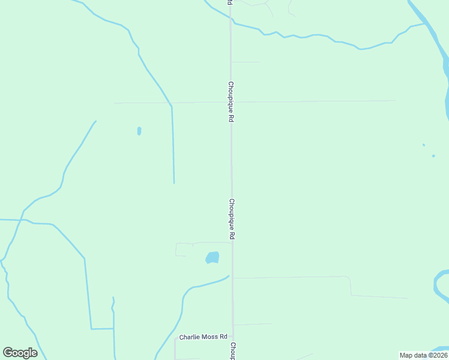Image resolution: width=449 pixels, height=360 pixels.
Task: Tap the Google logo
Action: (20, 353)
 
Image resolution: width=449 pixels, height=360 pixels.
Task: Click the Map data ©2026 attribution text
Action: (423, 355)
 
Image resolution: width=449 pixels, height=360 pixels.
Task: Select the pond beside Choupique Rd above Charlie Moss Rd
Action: (212, 257)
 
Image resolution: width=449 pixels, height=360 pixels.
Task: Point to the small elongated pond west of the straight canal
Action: (139, 130)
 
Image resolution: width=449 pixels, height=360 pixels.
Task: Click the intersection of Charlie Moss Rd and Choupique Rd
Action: (233, 338)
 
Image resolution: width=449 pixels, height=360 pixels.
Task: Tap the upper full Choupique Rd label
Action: (231, 102)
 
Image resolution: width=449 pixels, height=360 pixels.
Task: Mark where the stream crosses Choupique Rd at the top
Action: (231, 22)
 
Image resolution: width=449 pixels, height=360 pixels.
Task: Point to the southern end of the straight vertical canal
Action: (174, 182)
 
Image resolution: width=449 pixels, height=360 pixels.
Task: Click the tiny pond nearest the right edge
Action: (433, 156)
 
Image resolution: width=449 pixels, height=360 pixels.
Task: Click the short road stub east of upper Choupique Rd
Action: (246, 62)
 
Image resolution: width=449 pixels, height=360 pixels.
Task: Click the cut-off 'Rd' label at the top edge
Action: (229, 3)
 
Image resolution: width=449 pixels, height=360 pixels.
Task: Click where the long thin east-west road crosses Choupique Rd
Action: (231, 101)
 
